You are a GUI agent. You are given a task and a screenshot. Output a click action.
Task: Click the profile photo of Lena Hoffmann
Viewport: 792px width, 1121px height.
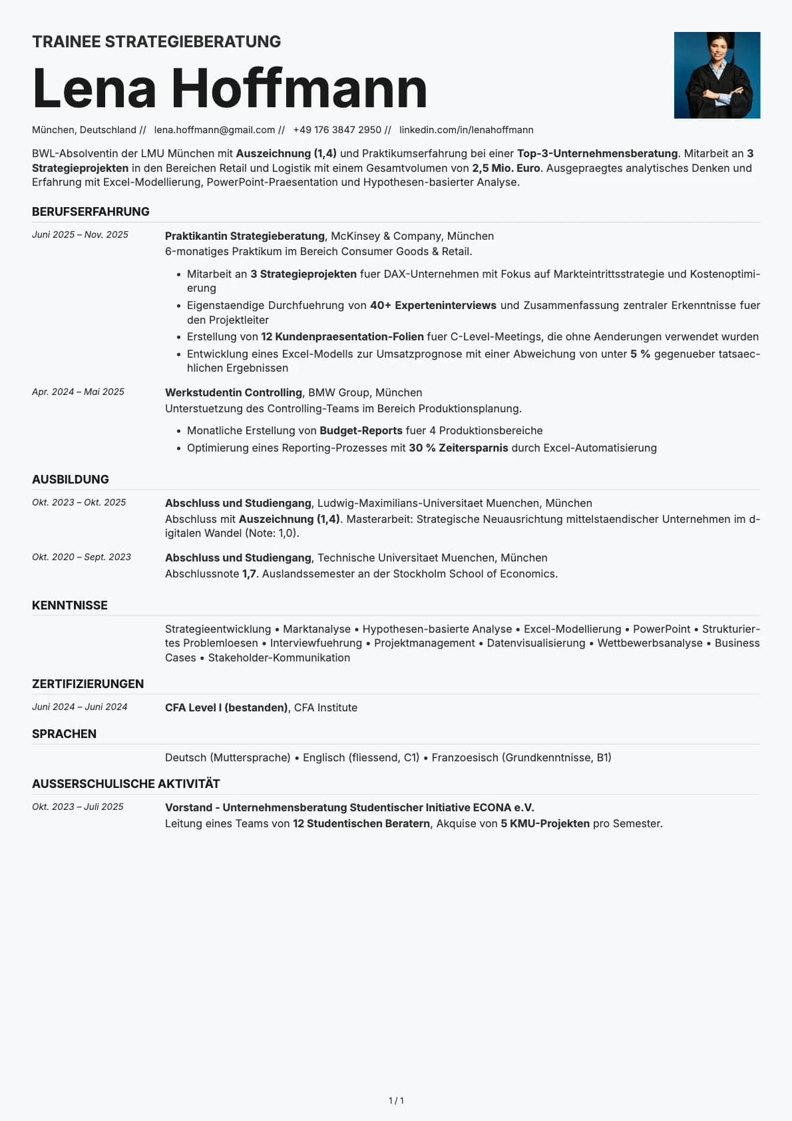click(x=717, y=75)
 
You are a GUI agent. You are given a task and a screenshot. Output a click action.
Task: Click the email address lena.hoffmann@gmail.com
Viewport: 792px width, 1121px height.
click(x=214, y=130)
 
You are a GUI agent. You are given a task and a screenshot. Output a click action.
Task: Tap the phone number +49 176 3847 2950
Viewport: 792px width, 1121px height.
click(x=337, y=130)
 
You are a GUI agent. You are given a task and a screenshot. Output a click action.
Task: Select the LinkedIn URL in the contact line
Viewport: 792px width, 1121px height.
click(x=466, y=130)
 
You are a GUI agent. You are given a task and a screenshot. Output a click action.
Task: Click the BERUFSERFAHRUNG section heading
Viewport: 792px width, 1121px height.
click(x=91, y=212)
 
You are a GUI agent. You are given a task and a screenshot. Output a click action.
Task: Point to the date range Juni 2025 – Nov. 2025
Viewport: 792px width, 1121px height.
click(x=80, y=235)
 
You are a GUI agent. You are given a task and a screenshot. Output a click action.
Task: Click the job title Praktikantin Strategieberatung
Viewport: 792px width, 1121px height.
click(x=244, y=236)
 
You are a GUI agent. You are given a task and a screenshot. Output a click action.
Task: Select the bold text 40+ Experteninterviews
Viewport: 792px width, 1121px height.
click(x=433, y=305)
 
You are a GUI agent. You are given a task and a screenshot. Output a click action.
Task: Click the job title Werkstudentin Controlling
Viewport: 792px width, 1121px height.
click(x=233, y=393)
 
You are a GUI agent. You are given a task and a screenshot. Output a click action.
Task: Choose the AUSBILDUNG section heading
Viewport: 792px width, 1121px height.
click(x=70, y=480)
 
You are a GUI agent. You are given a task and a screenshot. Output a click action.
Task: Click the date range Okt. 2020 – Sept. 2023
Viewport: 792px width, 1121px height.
click(x=81, y=558)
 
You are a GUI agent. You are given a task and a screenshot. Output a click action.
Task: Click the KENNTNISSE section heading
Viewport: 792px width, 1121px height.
click(x=69, y=605)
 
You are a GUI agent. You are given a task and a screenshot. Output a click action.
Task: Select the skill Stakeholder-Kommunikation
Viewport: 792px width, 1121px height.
click(x=279, y=657)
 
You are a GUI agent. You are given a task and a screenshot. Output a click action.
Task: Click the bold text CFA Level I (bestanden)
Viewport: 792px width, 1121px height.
click(x=226, y=707)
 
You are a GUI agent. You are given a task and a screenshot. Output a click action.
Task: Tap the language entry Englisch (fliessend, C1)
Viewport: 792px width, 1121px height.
click(x=361, y=757)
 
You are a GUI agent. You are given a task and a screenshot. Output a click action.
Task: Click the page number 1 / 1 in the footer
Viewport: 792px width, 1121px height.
click(x=396, y=1101)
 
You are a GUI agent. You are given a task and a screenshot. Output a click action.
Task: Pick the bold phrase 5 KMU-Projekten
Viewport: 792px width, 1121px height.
click(x=545, y=824)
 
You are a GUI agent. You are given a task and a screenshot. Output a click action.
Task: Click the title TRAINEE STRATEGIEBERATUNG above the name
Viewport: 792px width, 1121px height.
click(x=156, y=42)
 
